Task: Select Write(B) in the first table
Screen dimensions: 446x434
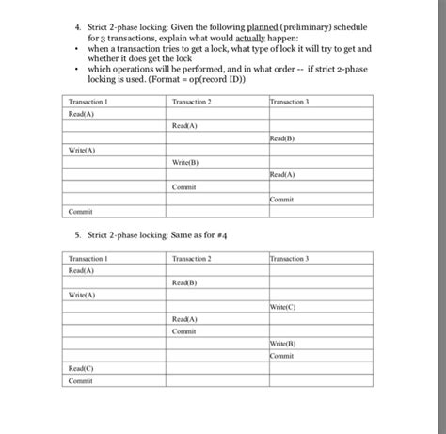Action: [x=185, y=162]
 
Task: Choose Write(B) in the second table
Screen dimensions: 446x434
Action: [x=282, y=344]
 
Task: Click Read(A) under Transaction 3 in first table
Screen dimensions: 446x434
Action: [x=282, y=174]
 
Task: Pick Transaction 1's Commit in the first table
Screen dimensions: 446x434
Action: [x=80, y=211]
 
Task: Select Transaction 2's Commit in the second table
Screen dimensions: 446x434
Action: [x=183, y=331]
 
